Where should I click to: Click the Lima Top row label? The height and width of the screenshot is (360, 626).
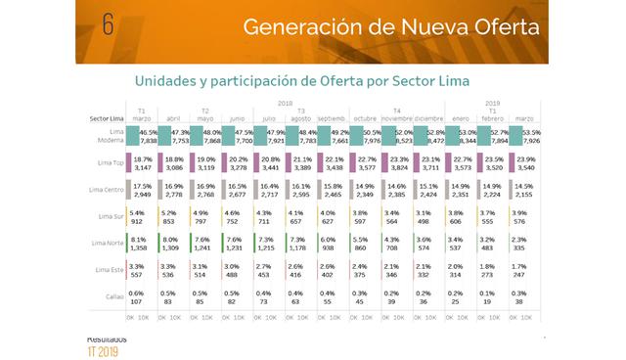tap(112, 163)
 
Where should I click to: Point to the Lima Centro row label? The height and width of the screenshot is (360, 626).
tap(108, 190)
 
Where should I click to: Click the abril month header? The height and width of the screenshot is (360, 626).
tap(174, 117)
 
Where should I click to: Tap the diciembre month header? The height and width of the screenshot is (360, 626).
tap(426, 117)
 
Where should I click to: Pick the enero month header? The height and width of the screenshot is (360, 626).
tap(459, 117)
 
